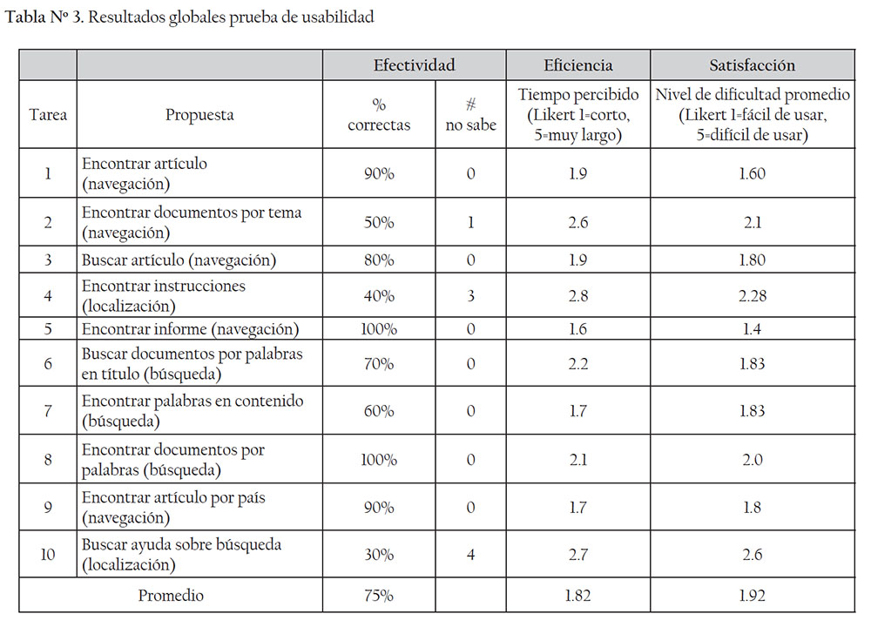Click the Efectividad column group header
[x=414, y=65]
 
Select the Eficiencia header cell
[x=577, y=65]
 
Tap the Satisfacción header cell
[x=752, y=65]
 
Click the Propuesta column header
[x=199, y=114]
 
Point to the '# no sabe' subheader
[x=470, y=114]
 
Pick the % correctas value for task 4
[x=379, y=296]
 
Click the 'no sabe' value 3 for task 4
[x=470, y=296]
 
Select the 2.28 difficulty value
[x=752, y=296]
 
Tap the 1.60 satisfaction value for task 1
[x=752, y=173]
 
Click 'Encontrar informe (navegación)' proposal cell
[x=190, y=329]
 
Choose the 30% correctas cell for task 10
[x=379, y=555]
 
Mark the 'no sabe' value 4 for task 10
[x=470, y=555]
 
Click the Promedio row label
[x=171, y=596]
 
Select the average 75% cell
[x=379, y=596]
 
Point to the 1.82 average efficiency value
[x=577, y=596]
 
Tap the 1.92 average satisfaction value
[x=752, y=596]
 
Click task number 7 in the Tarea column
[x=48, y=410]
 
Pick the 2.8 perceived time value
[x=577, y=296]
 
